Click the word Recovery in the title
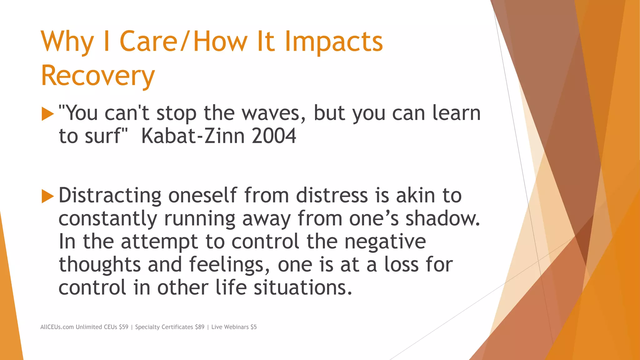point(98,76)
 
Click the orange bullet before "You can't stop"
point(47,114)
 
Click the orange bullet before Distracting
point(47,197)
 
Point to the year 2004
point(274,136)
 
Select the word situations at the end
point(302,287)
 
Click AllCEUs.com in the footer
point(57,327)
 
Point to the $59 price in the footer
point(123,327)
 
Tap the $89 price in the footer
point(199,327)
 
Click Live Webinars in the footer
point(230,327)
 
